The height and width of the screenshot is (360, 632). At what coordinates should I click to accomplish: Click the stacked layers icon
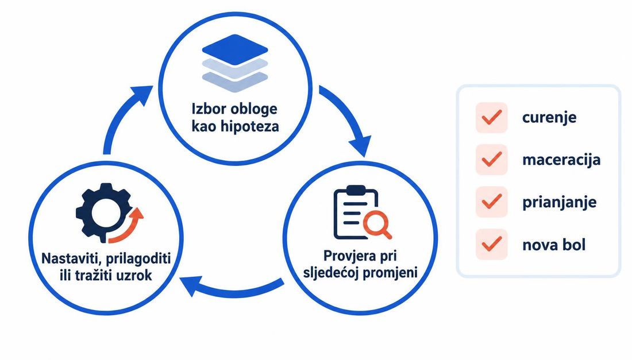click(x=235, y=64)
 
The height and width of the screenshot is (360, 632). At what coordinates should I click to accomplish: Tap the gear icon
click(x=104, y=212)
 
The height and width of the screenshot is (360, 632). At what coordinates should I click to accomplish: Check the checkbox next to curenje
click(x=491, y=118)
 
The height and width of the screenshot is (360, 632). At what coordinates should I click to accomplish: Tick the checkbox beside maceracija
click(x=491, y=160)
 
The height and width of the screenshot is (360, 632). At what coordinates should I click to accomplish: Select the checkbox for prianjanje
click(x=491, y=202)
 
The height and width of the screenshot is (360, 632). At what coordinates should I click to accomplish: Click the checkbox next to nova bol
click(x=491, y=245)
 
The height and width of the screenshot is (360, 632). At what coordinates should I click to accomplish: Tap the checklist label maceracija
click(x=561, y=160)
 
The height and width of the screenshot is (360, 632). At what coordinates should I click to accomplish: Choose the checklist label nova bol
click(x=554, y=245)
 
